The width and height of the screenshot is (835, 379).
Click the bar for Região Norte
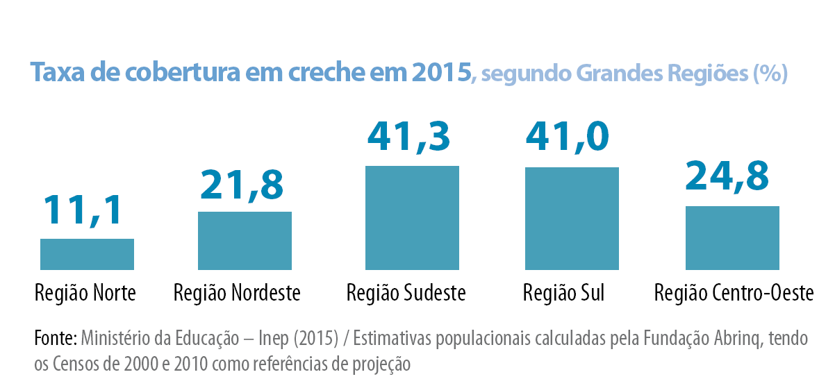click(x=87, y=254)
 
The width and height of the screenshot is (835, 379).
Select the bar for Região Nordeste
click(x=245, y=240)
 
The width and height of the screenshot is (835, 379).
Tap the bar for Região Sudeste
click(x=412, y=217)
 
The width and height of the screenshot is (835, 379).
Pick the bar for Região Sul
click(x=572, y=218)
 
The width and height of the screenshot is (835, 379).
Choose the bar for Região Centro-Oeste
click(x=732, y=237)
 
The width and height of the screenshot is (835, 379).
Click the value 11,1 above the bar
click(x=83, y=210)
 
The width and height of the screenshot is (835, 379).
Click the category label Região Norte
click(x=85, y=294)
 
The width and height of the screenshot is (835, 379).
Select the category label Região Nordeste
click(x=237, y=294)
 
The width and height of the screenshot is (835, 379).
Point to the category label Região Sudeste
click(x=406, y=294)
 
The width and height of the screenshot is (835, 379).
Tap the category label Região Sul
click(x=563, y=294)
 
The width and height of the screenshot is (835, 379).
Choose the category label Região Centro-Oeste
click(x=734, y=294)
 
